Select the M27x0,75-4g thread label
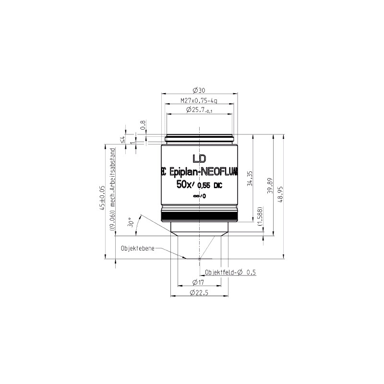(x=199, y=101)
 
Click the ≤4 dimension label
(x=122, y=140)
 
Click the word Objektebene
(x=138, y=249)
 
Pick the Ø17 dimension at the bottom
(x=198, y=282)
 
